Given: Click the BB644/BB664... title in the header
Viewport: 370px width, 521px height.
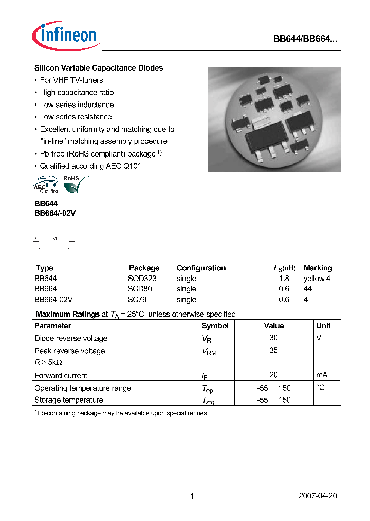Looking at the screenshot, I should click(305, 40).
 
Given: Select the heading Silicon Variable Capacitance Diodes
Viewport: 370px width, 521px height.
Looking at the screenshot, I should click(99, 68).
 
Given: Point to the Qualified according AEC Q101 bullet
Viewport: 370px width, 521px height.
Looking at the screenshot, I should click(90, 166).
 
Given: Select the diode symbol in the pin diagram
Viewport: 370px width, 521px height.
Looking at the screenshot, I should click(54, 239).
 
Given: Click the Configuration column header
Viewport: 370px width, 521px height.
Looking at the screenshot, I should click(201, 268).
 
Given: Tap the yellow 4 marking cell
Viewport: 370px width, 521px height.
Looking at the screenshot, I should click(317, 279).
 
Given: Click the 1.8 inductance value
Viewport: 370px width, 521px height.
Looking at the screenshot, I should click(284, 279).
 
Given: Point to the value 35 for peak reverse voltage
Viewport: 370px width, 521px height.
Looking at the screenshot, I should click(273, 350).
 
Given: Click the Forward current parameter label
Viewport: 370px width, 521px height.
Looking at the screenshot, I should click(61, 376).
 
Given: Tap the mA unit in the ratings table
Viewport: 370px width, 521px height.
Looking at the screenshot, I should click(322, 375).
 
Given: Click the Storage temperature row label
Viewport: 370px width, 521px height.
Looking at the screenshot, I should click(68, 400).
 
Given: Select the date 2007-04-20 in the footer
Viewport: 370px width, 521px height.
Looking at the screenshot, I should click(318, 496).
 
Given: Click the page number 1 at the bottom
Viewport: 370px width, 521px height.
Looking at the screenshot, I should click(192, 496).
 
